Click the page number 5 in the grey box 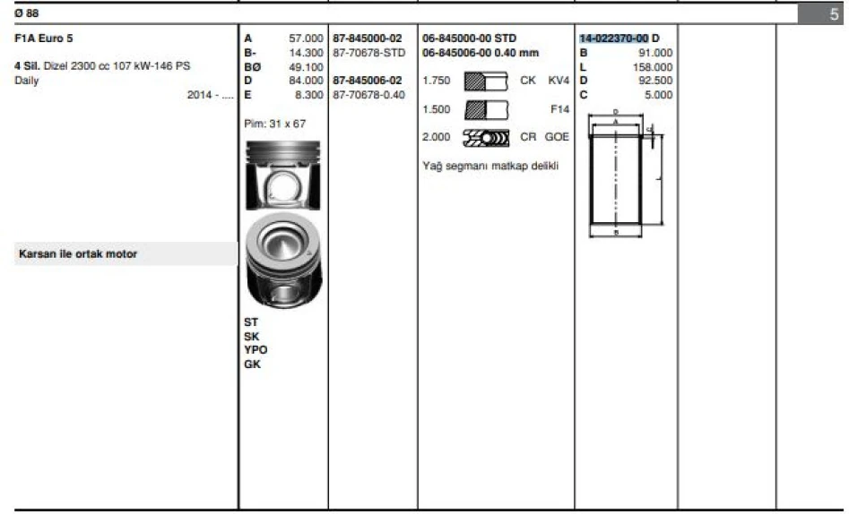coord(835,13)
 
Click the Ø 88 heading coord(27,13)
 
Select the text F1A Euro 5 coord(43,39)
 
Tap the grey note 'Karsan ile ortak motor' coord(78,253)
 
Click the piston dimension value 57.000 coord(306,39)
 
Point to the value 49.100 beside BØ coord(306,67)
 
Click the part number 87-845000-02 coord(368,39)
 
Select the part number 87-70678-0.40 coord(368,95)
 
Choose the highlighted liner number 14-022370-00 coord(614,39)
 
